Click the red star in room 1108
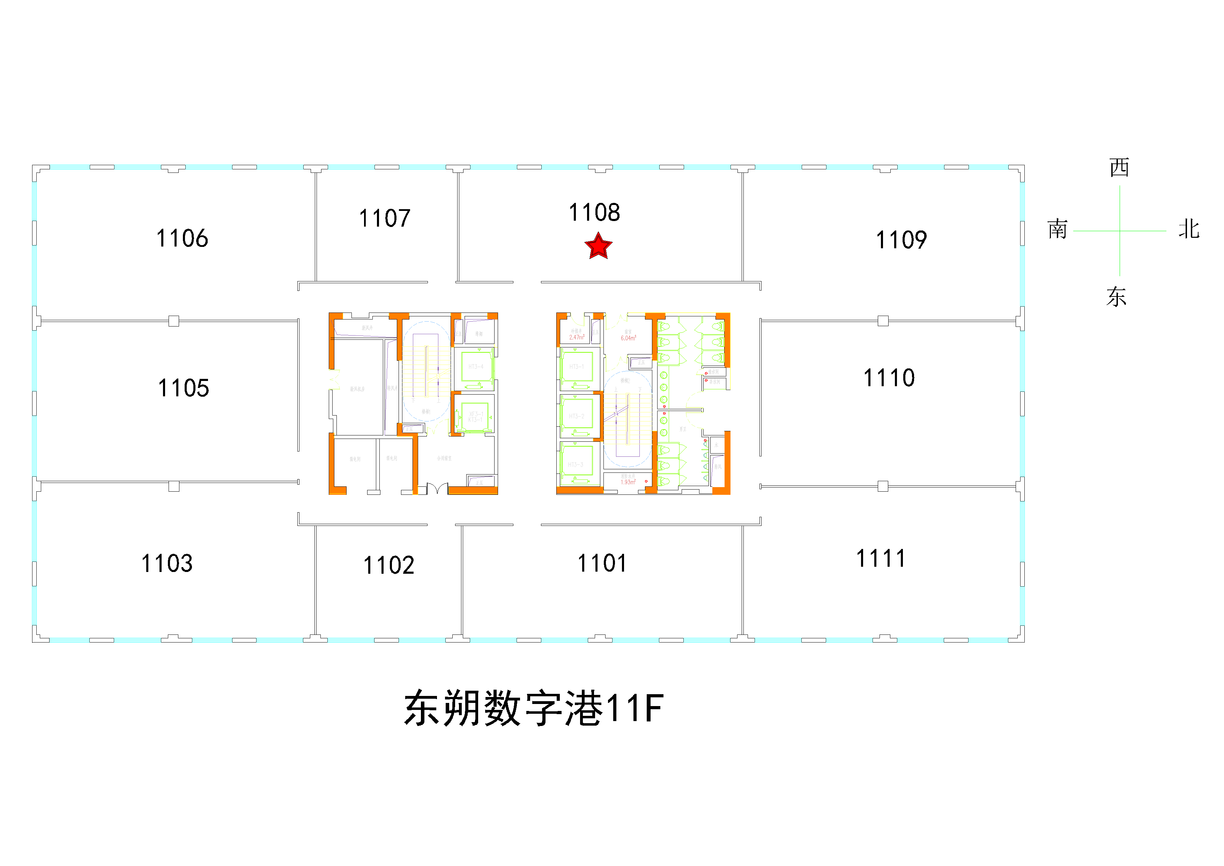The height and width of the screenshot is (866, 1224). click(598, 247)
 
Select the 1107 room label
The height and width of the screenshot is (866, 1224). click(384, 219)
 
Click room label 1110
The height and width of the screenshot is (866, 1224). click(889, 378)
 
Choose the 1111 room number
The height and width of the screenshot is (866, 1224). click(881, 559)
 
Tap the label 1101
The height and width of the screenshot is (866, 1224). click(602, 563)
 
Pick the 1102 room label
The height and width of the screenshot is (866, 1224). click(389, 565)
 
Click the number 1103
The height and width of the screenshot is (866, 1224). click(167, 564)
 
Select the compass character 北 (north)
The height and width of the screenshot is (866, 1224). click(1189, 229)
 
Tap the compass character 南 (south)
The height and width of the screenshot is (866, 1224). click(1058, 229)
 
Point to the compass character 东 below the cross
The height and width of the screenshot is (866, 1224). click(1116, 296)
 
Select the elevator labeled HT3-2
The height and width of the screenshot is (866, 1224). click(576, 416)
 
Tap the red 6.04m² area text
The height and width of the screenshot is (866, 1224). click(628, 338)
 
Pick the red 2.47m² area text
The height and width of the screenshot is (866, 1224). click(576, 337)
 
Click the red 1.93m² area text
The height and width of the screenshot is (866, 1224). click(628, 482)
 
